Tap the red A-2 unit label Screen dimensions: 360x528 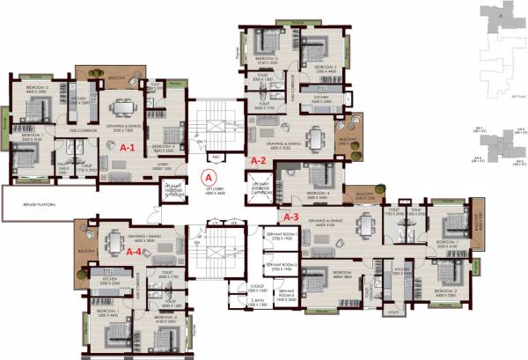(x=259, y=161)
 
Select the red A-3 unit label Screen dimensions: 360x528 (x=291, y=215)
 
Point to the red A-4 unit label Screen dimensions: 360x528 (x=135, y=251)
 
